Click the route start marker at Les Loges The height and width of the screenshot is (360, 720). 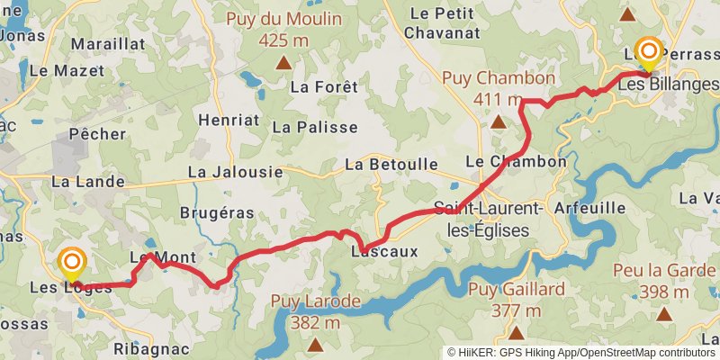click(x=72, y=264)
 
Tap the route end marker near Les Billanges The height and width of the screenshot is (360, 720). click(x=647, y=52)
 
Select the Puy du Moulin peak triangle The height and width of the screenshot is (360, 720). click(x=283, y=63)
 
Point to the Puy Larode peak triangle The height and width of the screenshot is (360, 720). click(x=315, y=344)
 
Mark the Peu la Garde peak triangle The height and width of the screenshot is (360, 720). click(x=665, y=314)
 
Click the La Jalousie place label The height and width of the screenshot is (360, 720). click(x=235, y=171)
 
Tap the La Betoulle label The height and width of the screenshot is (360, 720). click(x=391, y=165)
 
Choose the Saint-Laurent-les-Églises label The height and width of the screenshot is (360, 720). click(x=489, y=219)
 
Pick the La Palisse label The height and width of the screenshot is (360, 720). click(x=314, y=127)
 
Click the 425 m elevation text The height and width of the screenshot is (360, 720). click(x=284, y=40)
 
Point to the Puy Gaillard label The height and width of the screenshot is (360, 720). click(x=517, y=290)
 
